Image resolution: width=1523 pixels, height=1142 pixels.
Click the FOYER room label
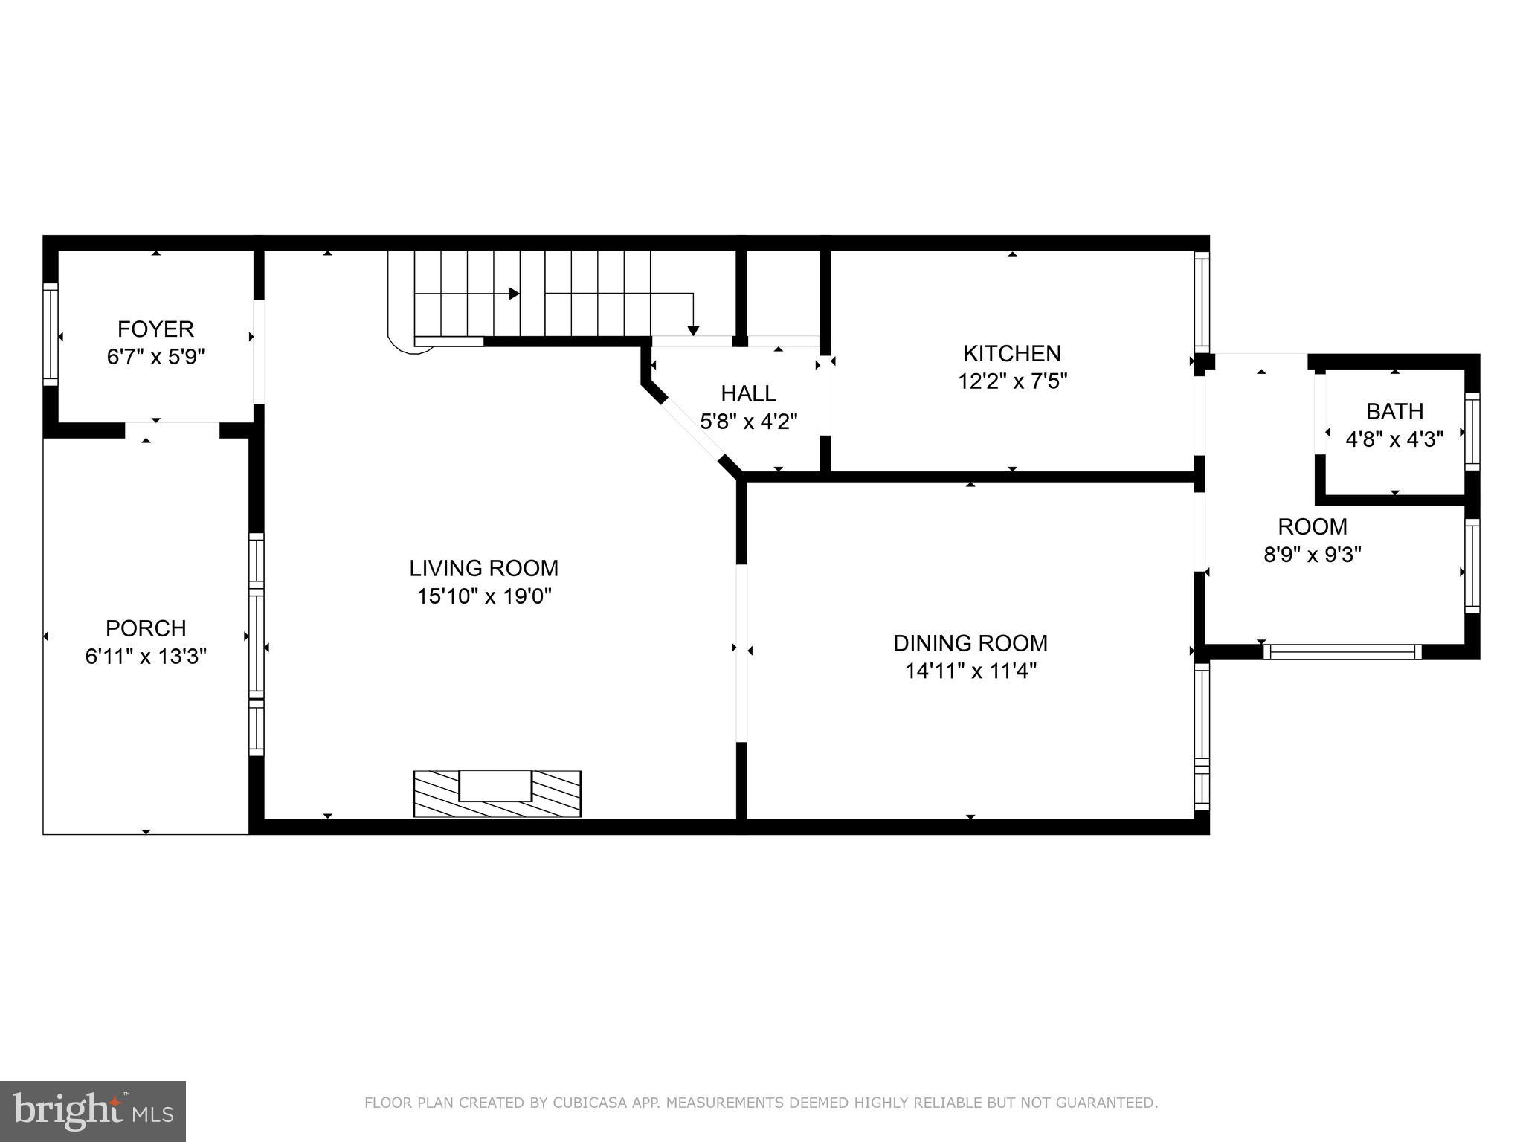pos(155,329)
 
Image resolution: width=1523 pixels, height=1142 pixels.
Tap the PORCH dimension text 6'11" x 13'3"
pos(146,657)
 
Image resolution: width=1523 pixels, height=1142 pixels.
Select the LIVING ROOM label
pos(483,568)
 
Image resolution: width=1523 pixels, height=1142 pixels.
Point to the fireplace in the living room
pos(497,793)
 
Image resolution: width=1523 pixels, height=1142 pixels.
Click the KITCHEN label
pos(1011,353)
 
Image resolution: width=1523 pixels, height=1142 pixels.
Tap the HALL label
pos(748,393)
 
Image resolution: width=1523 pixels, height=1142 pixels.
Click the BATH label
pos(1394,411)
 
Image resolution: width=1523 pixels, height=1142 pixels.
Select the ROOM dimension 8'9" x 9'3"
pos(1312,555)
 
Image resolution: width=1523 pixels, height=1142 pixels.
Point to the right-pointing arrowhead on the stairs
pos(514,294)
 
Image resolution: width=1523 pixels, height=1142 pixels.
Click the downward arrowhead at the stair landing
pos(693,330)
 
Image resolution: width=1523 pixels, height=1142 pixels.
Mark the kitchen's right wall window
pos(1202,301)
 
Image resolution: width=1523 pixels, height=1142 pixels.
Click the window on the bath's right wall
pos(1472,431)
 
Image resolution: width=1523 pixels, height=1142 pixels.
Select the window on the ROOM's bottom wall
pos(1342,652)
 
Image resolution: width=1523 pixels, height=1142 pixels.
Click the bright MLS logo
pos(92,1112)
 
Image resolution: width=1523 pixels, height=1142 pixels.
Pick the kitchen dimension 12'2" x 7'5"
pos(1011,381)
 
